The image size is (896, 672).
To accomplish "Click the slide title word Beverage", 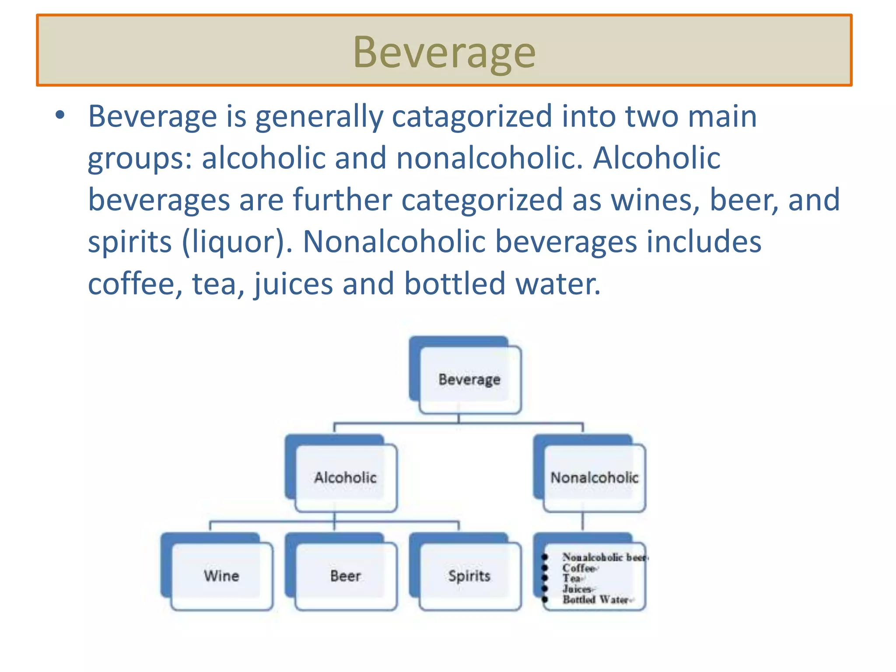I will coord(444,52).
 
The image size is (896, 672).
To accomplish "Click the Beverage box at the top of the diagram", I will coord(469,379).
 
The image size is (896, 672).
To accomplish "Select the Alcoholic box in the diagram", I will coord(346,477).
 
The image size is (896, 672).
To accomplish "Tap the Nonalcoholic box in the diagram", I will coord(594,477).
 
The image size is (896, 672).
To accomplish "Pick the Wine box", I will coord(221,576).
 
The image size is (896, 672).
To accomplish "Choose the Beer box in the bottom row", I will coord(346,576).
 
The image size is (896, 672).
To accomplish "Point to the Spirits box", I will coord(469,576).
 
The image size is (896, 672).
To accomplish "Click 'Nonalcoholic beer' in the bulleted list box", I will coord(604,557).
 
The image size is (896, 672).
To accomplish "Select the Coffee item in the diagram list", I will coord(579,568).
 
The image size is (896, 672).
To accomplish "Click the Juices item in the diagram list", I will coord(577,589).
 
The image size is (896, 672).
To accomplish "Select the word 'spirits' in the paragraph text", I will coord(130,242).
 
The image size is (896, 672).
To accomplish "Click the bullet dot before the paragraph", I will coord(60,116).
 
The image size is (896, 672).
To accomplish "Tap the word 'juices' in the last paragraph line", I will coord(293,284).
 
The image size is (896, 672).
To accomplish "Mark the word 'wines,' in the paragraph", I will coord(655,200).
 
